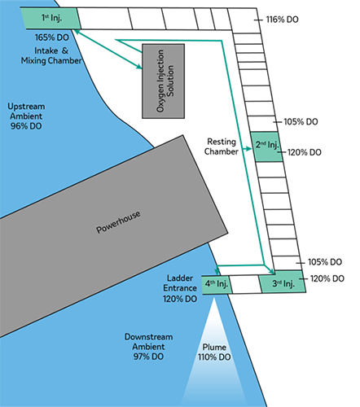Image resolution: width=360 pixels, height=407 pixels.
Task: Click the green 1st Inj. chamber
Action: [x=50, y=18]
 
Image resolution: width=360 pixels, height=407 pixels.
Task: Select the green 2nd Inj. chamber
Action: [x=266, y=147]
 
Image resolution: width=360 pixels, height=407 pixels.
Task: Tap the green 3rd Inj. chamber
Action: [x=283, y=282]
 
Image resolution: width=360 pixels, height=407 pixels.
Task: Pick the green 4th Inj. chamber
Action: [x=217, y=285]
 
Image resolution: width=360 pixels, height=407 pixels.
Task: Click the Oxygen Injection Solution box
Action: [x=164, y=81]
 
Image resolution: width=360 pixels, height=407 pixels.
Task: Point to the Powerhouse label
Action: [x=118, y=222]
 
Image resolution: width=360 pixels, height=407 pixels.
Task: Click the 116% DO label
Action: [x=282, y=20]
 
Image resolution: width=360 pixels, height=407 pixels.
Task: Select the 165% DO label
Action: [x=51, y=37]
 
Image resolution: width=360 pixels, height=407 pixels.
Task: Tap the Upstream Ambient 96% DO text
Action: [x=26, y=116]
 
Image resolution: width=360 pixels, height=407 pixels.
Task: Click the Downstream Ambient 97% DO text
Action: [x=148, y=347]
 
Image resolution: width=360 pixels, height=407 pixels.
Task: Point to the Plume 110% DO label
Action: [x=214, y=352]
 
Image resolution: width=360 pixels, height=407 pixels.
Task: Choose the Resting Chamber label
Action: [x=222, y=147]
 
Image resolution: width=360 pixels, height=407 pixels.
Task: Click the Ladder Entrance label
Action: [x=180, y=283]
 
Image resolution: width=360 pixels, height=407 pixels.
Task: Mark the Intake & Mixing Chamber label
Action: [x=51, y=55]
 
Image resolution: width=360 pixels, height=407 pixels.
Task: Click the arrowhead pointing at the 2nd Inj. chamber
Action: [x=248, y=149]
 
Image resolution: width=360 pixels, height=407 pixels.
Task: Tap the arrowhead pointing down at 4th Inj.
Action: [x=217, y=271]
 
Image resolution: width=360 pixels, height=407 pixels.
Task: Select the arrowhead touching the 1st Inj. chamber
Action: [x=77, y=32]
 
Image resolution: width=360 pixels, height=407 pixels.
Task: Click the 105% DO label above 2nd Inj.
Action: [x=301, y=122]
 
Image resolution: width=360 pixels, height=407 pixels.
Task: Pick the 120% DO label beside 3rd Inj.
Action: [x=327, y=278]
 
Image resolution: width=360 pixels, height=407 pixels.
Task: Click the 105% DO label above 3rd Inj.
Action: [x=325, y=262]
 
